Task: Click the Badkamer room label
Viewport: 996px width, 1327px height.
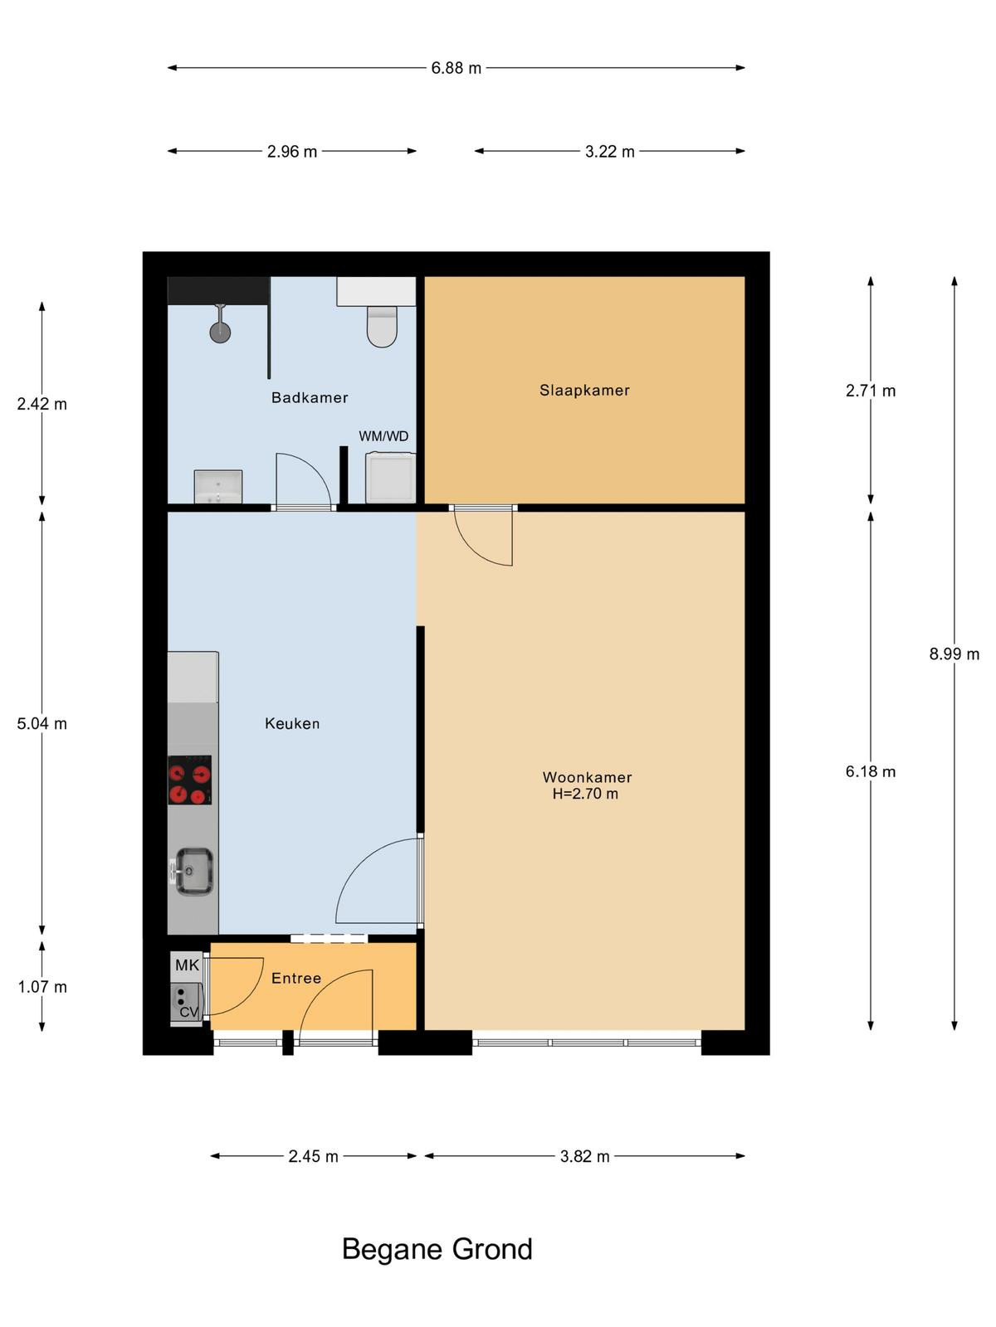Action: tap(309, 397)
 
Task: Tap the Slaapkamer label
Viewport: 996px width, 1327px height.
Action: tap(584, 391)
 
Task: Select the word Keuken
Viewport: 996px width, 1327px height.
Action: tap(292, 723)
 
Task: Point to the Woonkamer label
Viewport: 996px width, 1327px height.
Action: tap(587, 777)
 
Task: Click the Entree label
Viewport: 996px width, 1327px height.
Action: tap(295, 978)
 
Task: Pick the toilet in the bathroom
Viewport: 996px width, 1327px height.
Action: tap(382, 327)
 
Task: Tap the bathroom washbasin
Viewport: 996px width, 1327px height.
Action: tap(217, 487)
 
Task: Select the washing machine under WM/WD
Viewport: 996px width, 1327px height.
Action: tap(390, 478)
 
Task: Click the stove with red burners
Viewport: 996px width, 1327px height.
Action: tap(189, 780)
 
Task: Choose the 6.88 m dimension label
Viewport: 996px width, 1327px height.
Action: tap(456, 68)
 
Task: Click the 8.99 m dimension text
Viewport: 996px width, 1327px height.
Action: tap(954, 654)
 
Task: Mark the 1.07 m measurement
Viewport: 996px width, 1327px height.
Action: tap(41, 987)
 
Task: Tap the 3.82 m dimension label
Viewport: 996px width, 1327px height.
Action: tap(584, 1156)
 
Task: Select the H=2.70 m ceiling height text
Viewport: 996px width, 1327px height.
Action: tap(585, 794)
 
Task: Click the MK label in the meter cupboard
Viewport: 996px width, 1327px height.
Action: tap(187, 965)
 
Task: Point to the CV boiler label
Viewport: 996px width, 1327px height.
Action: tap(188, 1011)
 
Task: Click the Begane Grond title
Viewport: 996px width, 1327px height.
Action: tap(437, 1249)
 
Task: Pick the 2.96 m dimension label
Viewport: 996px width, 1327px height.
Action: tap(292, 152)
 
